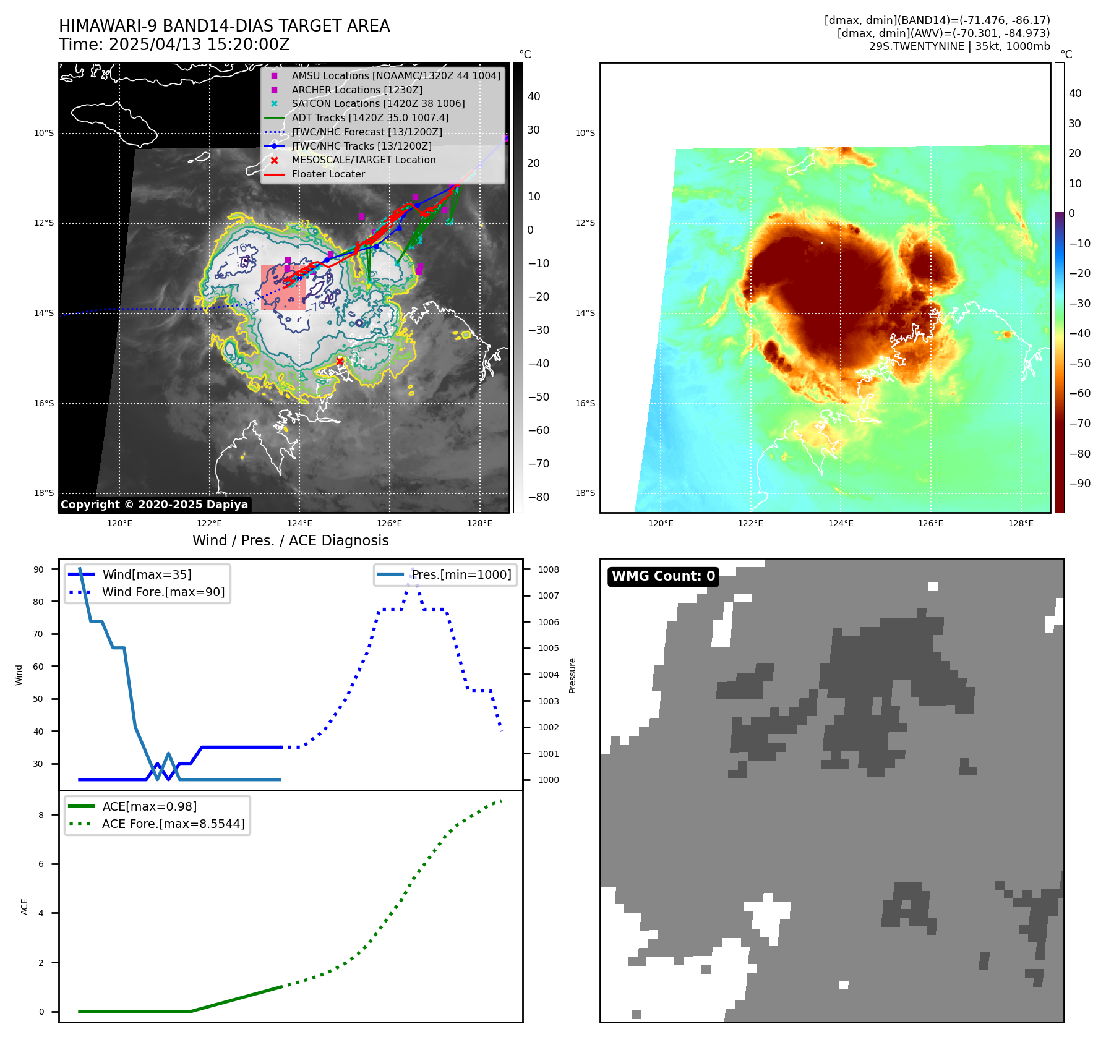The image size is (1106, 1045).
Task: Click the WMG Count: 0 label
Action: point(663,576)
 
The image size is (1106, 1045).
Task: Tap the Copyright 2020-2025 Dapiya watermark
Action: point(154,505)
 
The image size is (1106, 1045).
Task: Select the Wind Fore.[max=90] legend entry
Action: point(163,592)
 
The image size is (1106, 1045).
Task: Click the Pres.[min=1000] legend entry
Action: point(461,574)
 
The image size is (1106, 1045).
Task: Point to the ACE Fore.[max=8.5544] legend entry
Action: point(173,824)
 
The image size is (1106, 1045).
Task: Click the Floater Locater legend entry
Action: point(328,174)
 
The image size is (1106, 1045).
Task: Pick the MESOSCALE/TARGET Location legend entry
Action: point(363,160)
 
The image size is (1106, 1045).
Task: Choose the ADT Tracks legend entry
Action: point(370,117)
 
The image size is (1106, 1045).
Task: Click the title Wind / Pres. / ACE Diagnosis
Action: point(291,540)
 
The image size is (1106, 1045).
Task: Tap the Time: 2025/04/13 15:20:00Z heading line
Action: point(174,45)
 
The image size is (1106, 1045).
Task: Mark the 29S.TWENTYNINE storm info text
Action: point(959,46)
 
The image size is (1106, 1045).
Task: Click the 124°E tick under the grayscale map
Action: point(299,524)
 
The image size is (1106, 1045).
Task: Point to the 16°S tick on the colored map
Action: point(585,403)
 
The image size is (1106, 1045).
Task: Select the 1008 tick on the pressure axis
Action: point(548,569)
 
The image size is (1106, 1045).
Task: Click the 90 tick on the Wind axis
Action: point(38,569)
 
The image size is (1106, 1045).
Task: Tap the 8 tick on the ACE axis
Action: point(41,815)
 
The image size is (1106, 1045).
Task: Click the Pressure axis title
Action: point(572,675)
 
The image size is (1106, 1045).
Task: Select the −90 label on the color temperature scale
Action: point(1079,484)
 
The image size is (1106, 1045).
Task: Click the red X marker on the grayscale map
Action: point(340,362)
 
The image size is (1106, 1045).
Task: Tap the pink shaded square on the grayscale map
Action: point(283,288)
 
